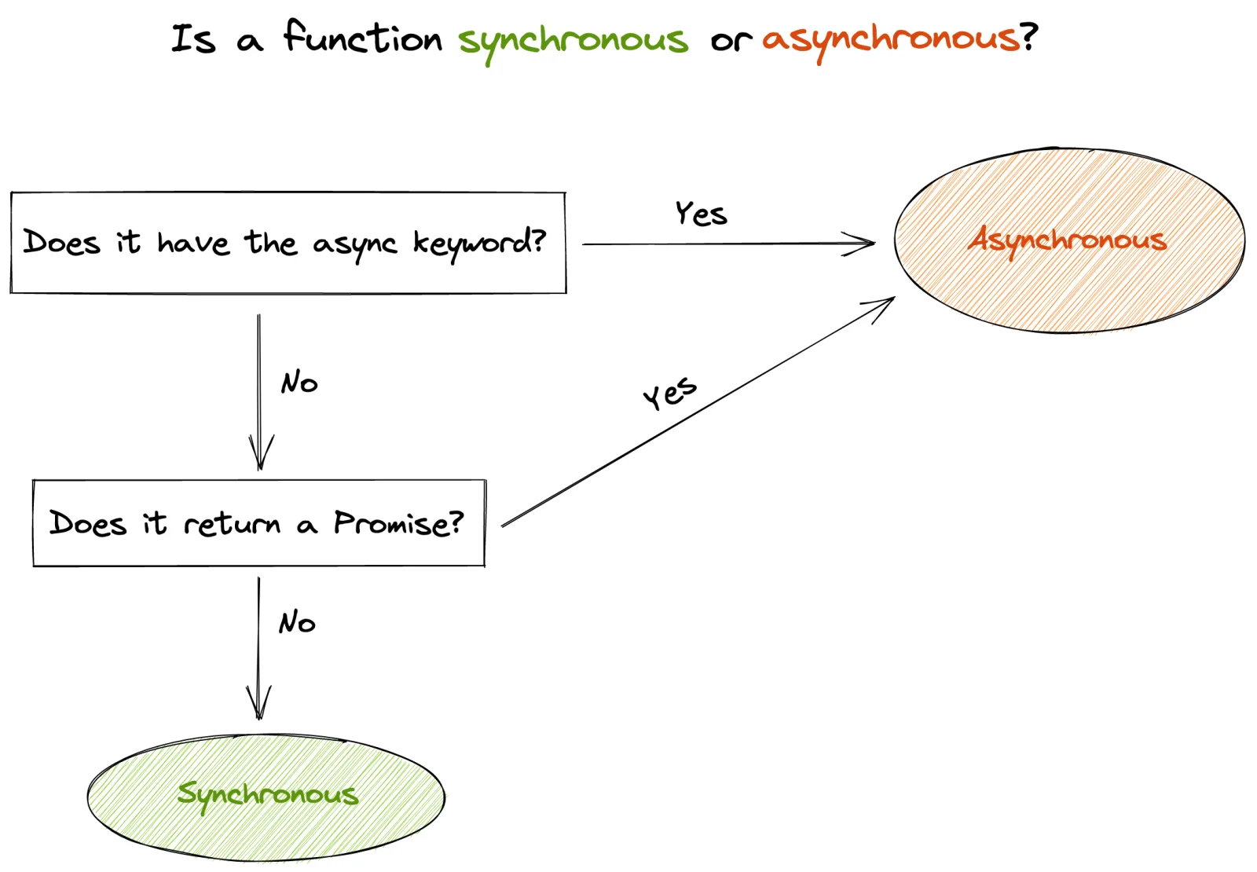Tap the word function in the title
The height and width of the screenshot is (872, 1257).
coord(363,38)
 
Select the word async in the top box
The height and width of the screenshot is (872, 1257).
coord(354,245)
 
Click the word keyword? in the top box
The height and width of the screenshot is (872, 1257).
coord(479,243)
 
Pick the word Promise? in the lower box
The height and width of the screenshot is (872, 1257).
coord(398,523)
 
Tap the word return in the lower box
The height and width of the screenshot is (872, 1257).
coord(232,523)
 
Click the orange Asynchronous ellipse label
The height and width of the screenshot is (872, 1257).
coord(1068,240)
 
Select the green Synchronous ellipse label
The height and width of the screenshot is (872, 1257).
coord(268,794)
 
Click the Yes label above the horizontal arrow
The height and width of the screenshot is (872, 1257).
coord(701,214)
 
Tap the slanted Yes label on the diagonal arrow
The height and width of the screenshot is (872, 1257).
coord(669,392)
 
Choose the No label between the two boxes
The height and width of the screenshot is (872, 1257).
coord(299,383)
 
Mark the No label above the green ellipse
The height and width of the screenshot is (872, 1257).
coord(297,622)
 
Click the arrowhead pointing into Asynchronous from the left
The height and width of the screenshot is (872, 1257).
coord(864,244)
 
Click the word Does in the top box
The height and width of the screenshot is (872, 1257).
coord(62,242)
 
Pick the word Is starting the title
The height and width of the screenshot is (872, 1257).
coord(193,38)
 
